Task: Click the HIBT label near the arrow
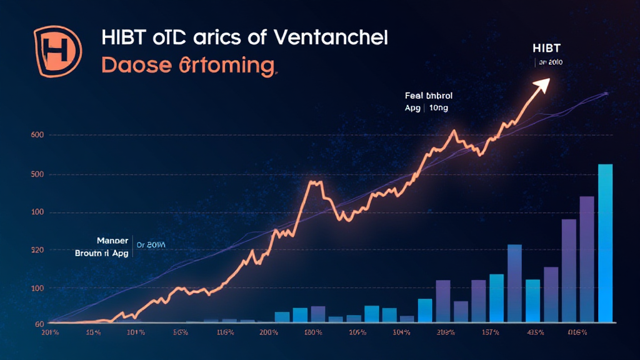(546, 49)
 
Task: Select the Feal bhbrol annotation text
(429, 96)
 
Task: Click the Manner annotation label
(112, 241)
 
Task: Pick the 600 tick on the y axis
(36, 136)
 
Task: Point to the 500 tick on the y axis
(36, 174)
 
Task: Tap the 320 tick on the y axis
(36, 251)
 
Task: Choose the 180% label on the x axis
(312, 332)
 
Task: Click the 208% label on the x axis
(446, 332)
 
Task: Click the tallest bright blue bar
(605, 244)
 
